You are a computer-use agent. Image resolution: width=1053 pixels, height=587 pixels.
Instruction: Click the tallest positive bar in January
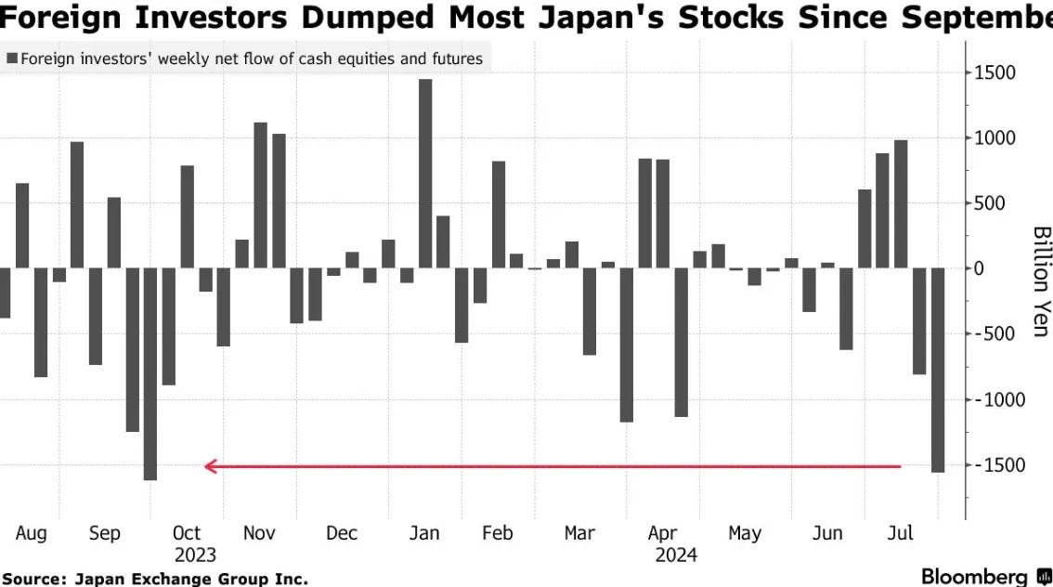[x=425, y=174]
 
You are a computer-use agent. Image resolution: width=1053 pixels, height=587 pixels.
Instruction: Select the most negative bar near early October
[x=150, y=373]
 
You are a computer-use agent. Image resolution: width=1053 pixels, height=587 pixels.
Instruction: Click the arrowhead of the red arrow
[x=211, y=466]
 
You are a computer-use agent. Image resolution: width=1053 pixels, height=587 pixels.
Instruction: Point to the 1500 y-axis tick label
[x=995, y=72]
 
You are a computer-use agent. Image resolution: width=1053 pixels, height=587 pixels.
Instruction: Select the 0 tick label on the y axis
[x=980, y=268]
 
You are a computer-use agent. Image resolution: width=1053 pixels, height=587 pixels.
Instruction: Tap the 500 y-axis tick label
[x=991, y=203]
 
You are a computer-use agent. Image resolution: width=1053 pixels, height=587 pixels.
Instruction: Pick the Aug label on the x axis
[x=31, y=533]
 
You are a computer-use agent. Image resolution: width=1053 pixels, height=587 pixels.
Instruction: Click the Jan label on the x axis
[x=424, y=533]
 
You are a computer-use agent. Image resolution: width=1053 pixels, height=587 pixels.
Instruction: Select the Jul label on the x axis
[x=900, y=533]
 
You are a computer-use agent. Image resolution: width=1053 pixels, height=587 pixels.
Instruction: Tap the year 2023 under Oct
[x=195, y=555]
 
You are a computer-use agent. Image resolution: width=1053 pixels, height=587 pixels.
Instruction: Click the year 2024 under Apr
[x=676, y=555]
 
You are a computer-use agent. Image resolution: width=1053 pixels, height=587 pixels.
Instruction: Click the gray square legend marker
[x=11, y=59]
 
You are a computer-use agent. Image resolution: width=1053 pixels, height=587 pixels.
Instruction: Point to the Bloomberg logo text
[x=974, y=577]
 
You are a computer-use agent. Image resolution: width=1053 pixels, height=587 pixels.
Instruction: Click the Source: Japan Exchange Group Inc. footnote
[x=154, y=579]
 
